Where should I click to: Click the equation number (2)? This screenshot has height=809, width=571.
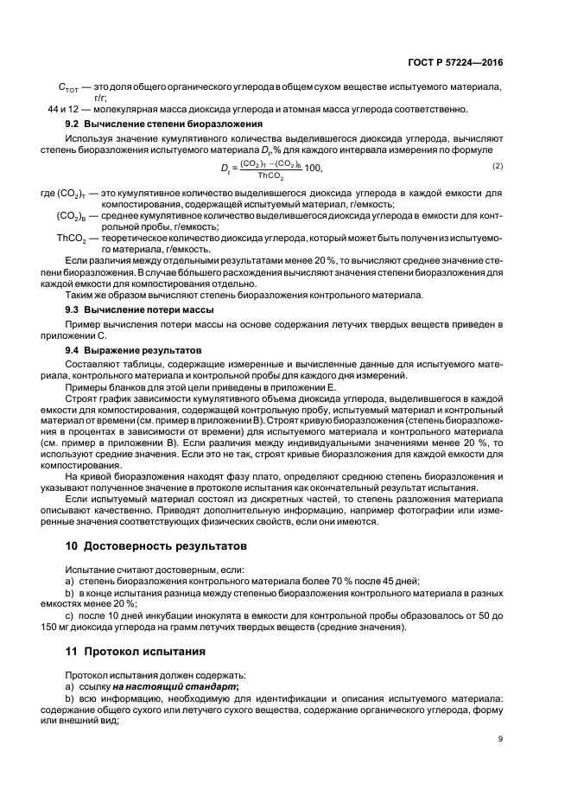498,165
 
